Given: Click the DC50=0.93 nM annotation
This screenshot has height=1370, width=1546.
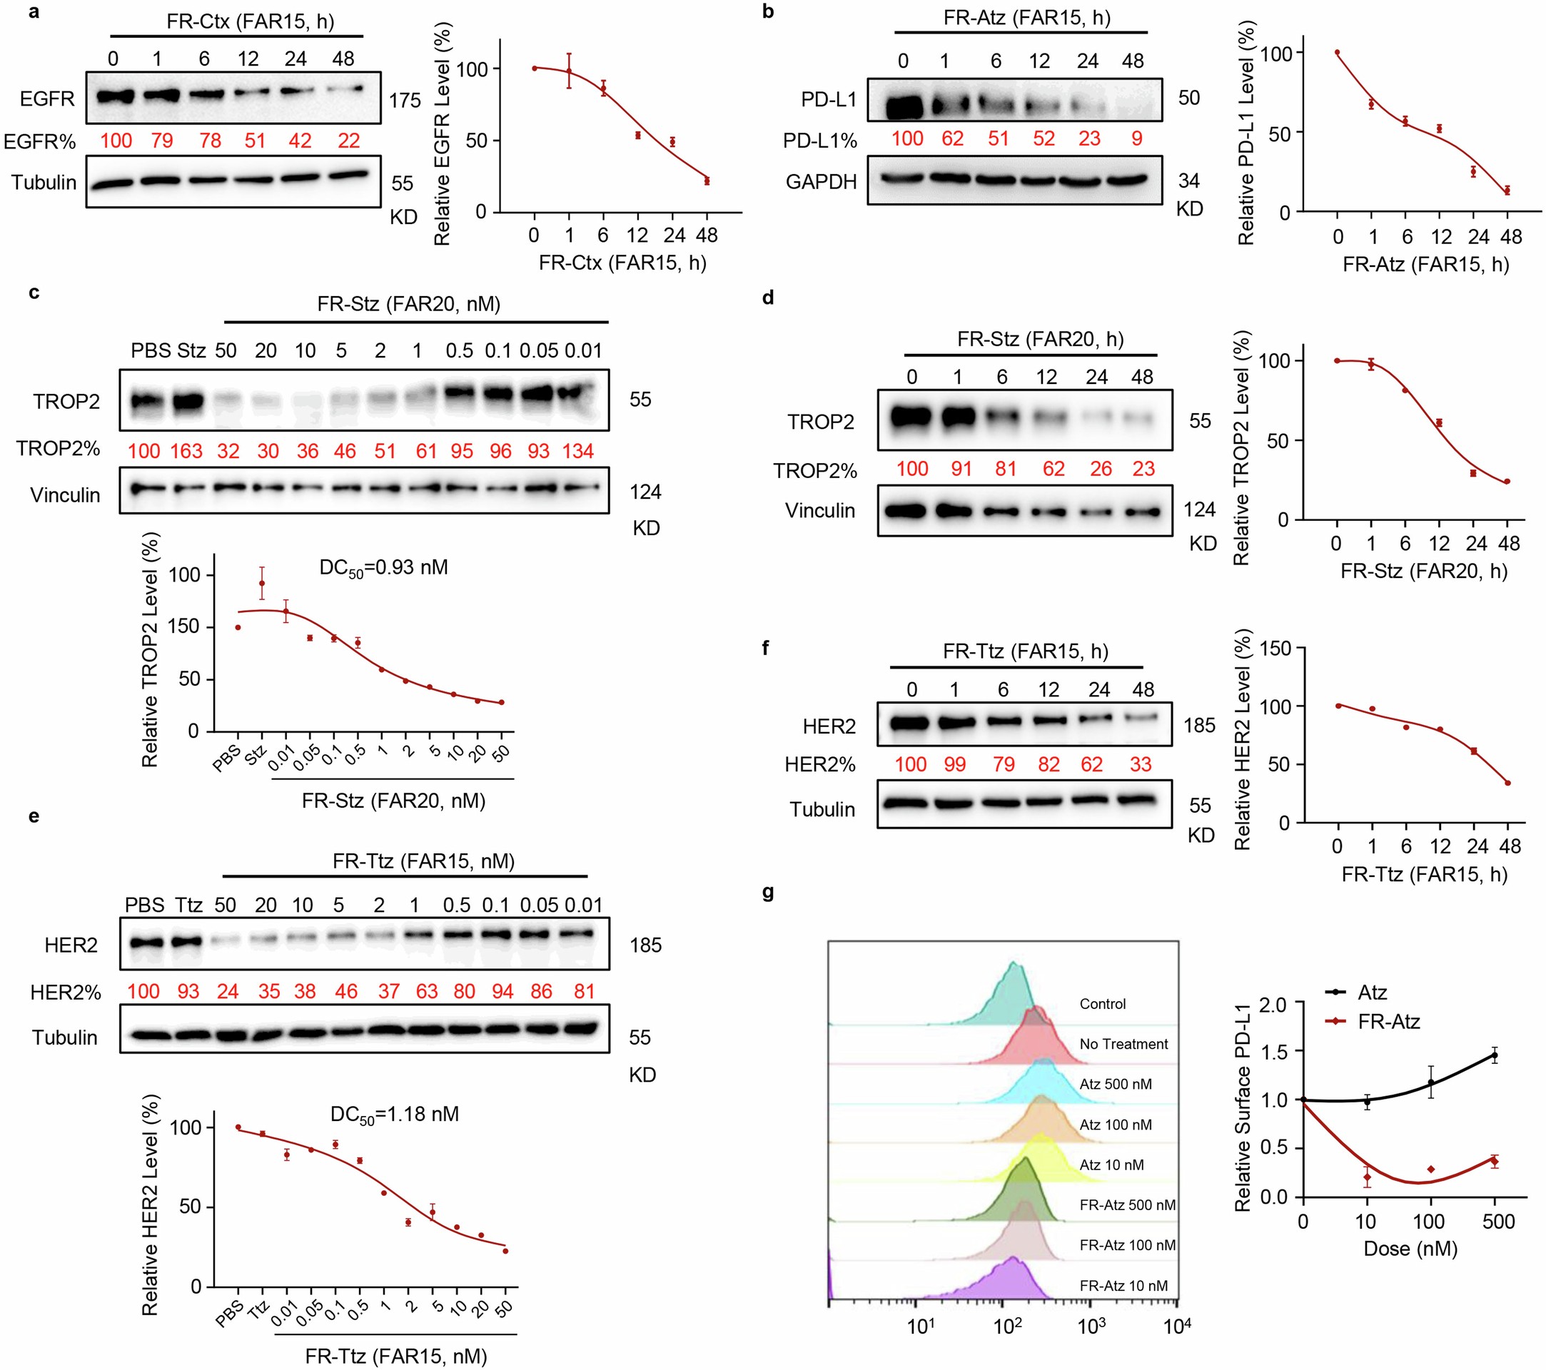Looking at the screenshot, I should tap(383, 568).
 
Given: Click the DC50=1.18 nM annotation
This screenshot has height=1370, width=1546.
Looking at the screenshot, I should tap(394, 1115).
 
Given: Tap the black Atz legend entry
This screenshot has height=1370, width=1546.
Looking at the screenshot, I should tap(1371, 992).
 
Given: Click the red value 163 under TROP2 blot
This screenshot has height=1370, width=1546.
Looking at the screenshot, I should tap(186, 452).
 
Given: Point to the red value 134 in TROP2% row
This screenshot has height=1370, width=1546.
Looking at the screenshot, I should tap(578, 452).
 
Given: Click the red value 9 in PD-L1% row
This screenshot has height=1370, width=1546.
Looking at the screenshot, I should tap(1136, 138).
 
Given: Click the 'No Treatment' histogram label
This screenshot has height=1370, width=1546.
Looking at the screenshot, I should tap(1123, 1044).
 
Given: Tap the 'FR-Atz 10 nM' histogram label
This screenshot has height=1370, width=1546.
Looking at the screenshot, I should tap(1123, 1285).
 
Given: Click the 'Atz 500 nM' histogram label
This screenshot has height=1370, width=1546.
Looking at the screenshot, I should tap(1116, 1084).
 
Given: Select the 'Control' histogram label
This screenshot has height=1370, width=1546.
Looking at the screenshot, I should tap(1102, 1004).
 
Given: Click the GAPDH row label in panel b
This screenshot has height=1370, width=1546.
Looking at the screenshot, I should tap(821, 182).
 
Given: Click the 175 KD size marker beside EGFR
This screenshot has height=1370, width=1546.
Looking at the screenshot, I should tap(405, 101).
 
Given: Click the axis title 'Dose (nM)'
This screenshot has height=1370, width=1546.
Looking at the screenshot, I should tap(1410, 1248).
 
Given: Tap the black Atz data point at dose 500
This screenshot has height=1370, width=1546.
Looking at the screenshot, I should tap(1495, 1055).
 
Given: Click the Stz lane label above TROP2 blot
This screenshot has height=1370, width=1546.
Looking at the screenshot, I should tap(191, 351).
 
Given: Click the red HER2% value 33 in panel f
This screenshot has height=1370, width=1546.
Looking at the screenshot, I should tap(1140, 764).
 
